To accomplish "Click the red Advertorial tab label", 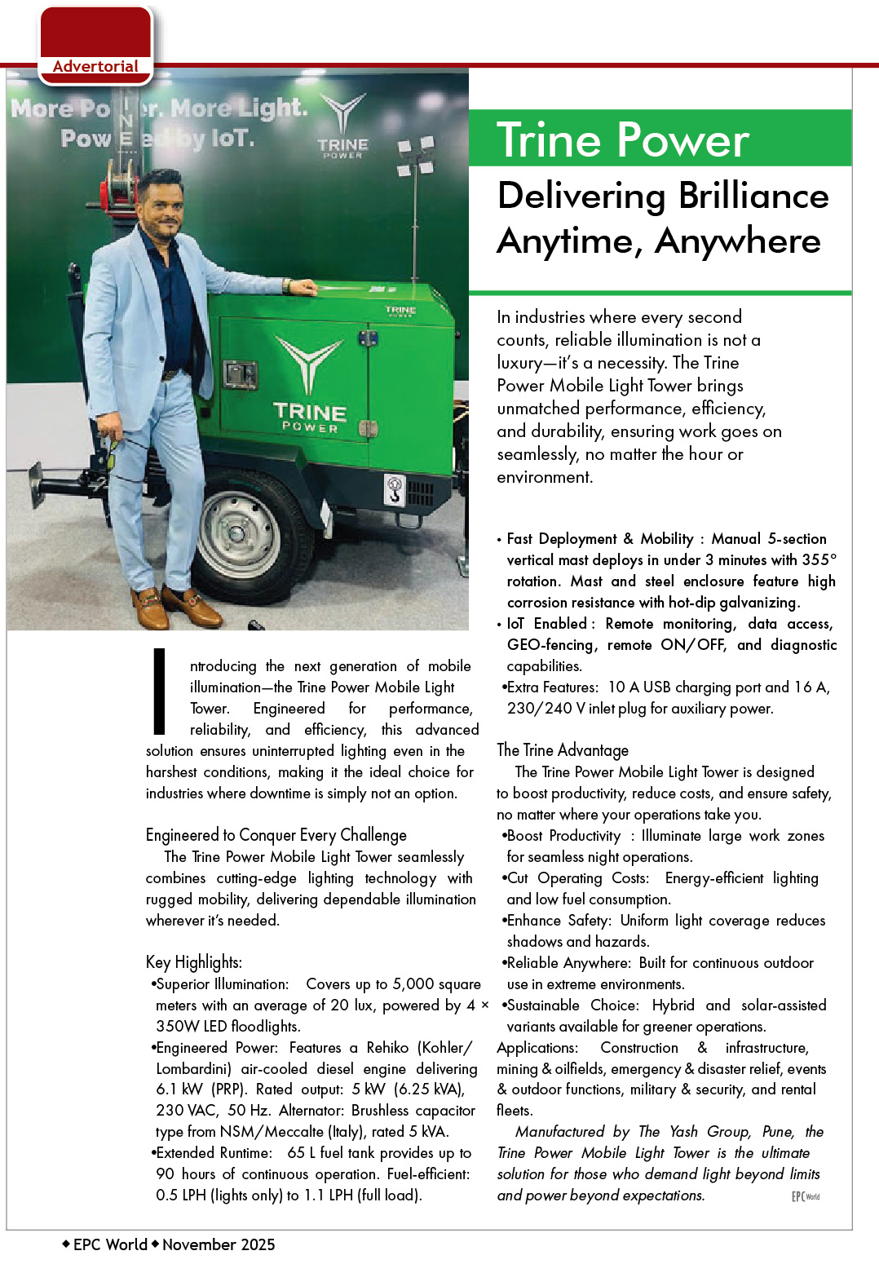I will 95,67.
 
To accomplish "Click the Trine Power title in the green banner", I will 623,140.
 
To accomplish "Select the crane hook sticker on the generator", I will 395,489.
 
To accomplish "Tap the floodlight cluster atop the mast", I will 415,157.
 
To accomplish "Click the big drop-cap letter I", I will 160,692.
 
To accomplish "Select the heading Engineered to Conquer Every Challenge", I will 276,835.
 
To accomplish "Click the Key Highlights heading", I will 194,962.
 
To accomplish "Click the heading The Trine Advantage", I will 563,750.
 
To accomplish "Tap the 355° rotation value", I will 819,560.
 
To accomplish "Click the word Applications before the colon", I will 535,1048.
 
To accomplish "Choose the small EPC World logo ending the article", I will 805,1196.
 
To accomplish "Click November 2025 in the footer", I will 219,1244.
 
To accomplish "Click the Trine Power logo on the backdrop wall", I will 342,126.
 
